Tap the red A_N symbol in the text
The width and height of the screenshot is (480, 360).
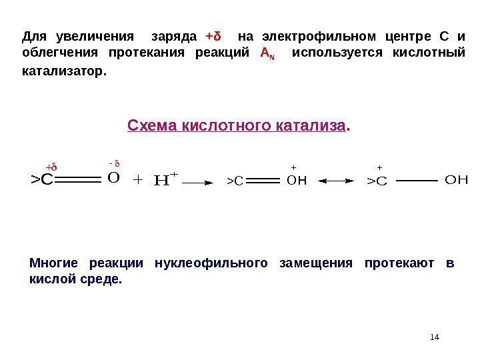[x=265, y=53]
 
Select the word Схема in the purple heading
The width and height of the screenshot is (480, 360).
[x=149, y=125]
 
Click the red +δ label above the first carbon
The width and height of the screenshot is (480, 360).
[x=51, y=166]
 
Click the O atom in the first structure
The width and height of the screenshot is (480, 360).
[x=113, y=179]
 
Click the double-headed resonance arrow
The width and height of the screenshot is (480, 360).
[x=337, y=180]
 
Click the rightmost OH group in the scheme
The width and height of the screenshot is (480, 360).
[x=456, y=179]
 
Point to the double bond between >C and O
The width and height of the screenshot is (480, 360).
[x=79, y=179]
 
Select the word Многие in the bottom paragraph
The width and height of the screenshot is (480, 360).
[x=54, y=263]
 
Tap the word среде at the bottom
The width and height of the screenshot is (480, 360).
[x=106, y=280]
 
